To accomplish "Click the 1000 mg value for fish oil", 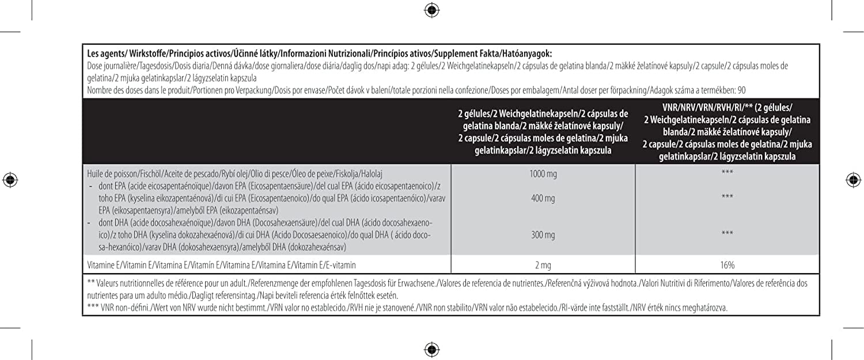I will click(x=543, y=173).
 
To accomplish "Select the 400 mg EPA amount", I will click(x=543, y=198).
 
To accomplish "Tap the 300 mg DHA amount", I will click(x=543, y=235).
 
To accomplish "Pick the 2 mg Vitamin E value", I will click(x=543, y=265).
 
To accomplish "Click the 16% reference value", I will click(x=727, y=265).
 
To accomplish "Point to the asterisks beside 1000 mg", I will click(x=727, y=173).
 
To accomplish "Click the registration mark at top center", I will click(x=431, y=10).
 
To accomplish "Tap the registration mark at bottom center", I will click(x=431, y=349).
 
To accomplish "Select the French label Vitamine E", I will click(x=104, y=265).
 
